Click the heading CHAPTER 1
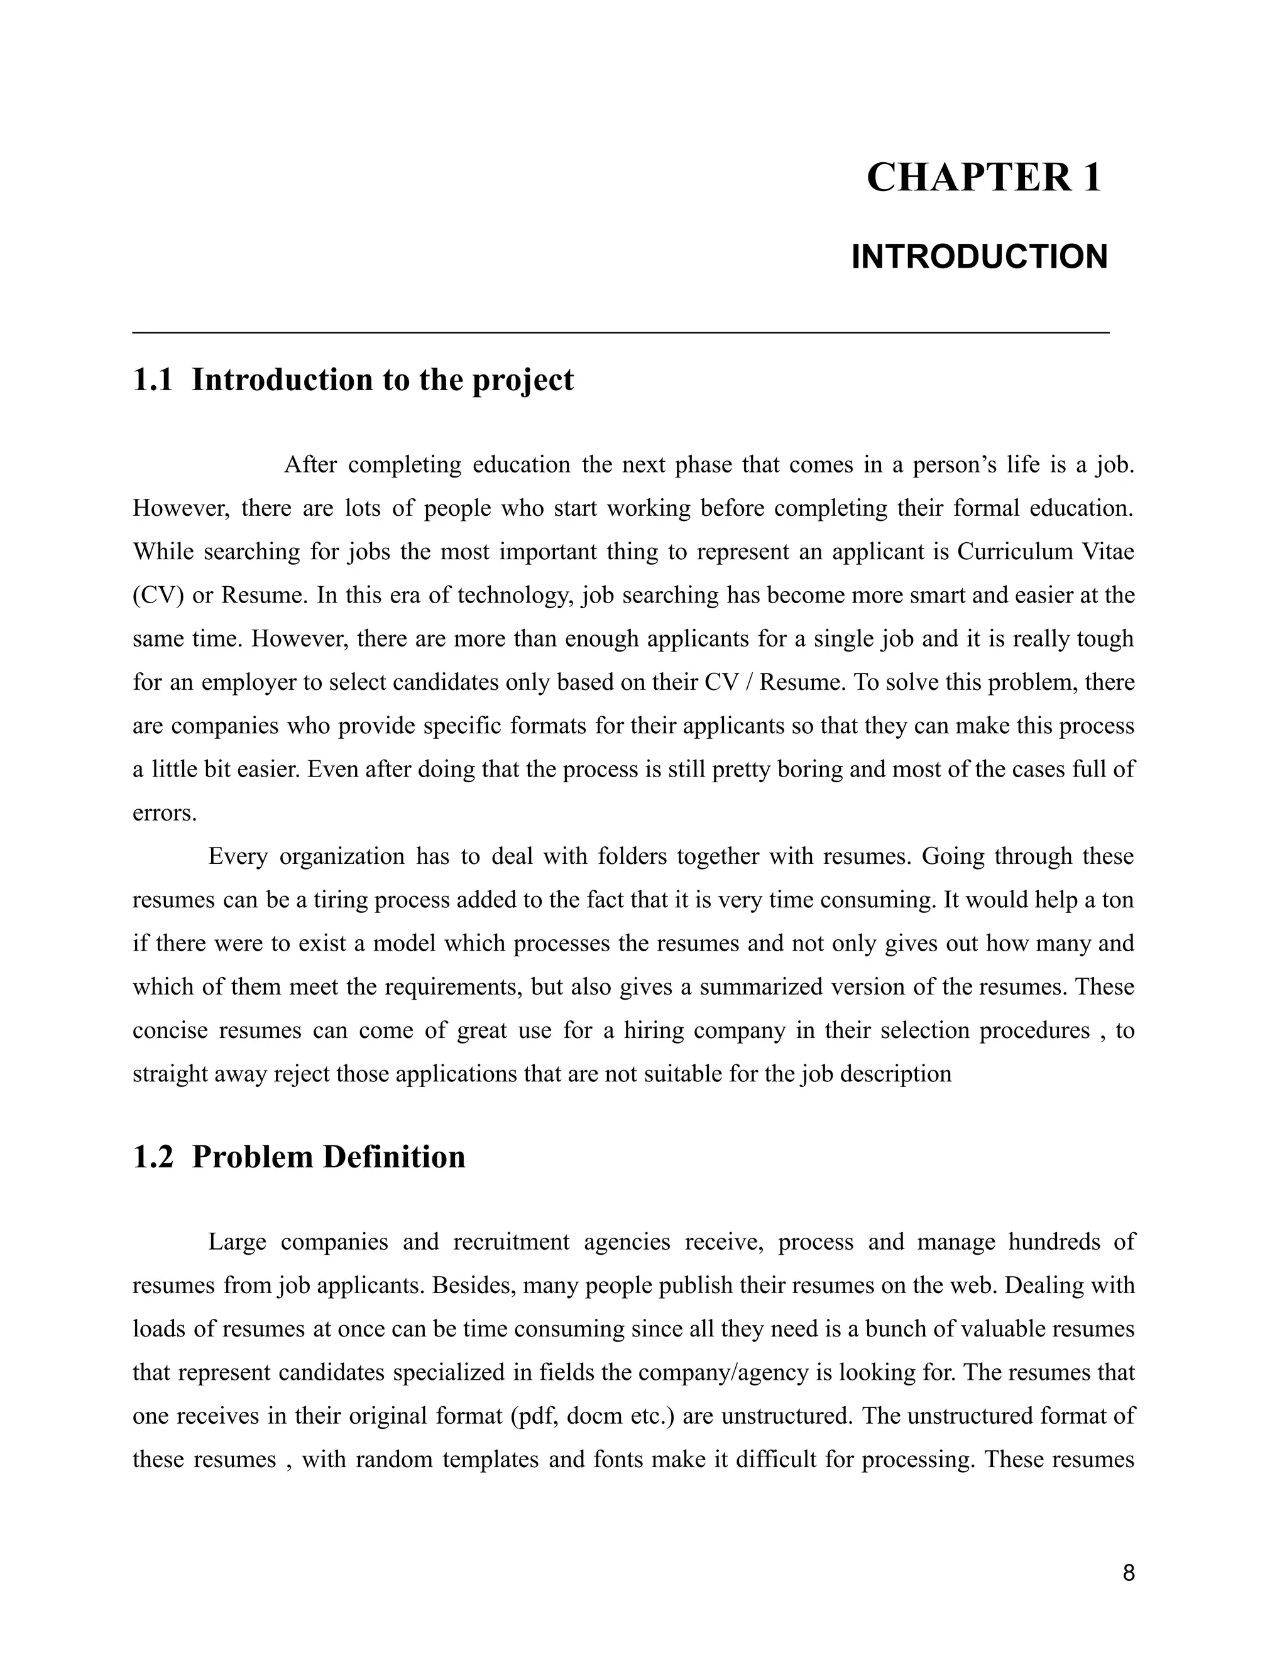pos(983,178)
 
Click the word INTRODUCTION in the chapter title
pos(979,258)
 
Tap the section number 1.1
pos(153,380)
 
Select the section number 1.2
pos(153,1157)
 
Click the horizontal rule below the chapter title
pos(621,332)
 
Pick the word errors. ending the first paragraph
pos(165,812)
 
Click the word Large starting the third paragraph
pos(237,1242)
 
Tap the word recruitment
pos(511,1242)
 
